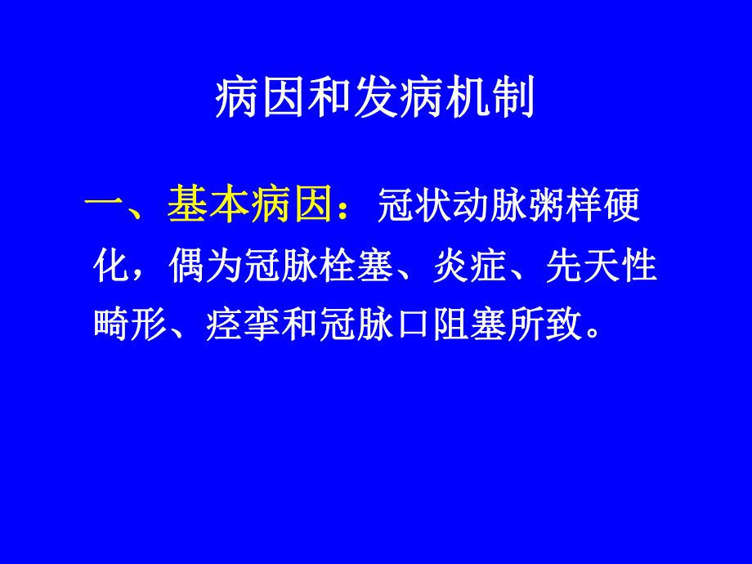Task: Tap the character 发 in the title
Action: pos(375,101)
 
